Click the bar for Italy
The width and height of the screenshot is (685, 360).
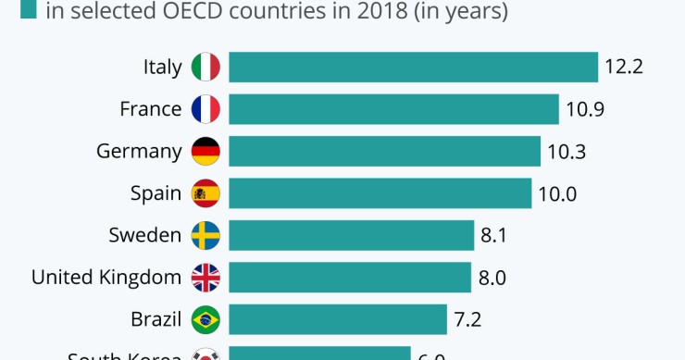[413, 68]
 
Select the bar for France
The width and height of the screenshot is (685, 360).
[393, 109]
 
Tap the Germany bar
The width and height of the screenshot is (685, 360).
[384, 152]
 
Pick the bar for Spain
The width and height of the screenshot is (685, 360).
[380, 193]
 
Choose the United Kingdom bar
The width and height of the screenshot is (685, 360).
[349, 278]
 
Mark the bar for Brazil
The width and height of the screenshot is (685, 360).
[337, 320]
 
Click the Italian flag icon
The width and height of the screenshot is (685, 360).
[205, 68]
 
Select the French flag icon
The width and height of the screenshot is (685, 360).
[205, 109]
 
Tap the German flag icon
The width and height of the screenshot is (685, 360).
[205, 152]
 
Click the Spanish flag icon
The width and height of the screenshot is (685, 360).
[205, 193]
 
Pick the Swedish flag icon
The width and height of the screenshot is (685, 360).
[205, 235]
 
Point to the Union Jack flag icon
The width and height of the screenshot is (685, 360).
[205, 278]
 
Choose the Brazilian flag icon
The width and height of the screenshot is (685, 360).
[205, 320]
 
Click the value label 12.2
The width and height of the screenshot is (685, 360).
[624, 68]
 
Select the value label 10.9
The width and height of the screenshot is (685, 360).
[585, 109]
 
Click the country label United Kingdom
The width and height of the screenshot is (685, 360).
[106, 278]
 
